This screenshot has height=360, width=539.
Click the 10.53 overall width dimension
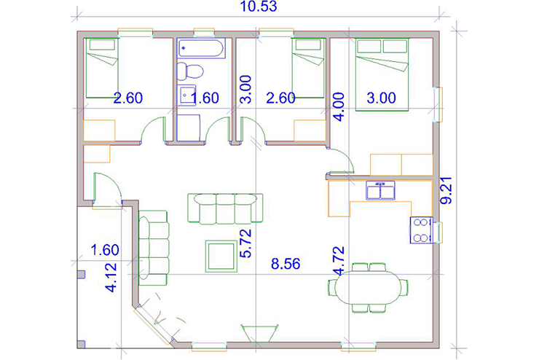pyautogui.click(x=259, y=6)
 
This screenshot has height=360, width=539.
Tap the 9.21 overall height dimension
pyautogui.click(x=447, y=190)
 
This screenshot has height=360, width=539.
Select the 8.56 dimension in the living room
pyautogui.click(x=286, y=264)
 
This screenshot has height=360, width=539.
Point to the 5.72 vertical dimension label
pyautogui.click(x=246, y=243)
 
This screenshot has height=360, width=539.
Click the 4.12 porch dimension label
pyautogui.click(x=111, y=278)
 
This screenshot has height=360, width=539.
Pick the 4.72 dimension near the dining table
pyautogui.click(x=338, y=260)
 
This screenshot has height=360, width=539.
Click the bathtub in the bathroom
pyautogui.click(x=201, y=48)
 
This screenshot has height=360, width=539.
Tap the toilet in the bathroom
pyautogui.click(x=190, y=71)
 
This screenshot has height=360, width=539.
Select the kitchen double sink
pyautogui.click(x=380, y=190)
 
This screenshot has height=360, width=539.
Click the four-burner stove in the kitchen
pyautogui.click(x=422, y=230)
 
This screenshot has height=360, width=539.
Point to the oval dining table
pyautogui.click(x=368, y=287)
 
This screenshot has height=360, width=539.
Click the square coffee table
pyautogui.click(x=221, y=257)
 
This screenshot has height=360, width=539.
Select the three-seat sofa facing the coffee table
pyautogui.click(x=226, y=208)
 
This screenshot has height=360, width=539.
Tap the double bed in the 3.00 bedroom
pyautogui.click(x=382, y=74)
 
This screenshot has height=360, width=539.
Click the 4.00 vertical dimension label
pyautogui.click(x=339, y=106)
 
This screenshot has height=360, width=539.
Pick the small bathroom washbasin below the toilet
pyautogui.click(x=186, y=93)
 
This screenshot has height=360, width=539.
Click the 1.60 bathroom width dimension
pyautogui.click(x=205, y=98)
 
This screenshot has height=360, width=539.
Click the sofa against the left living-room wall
pyautogui.click(x=153, y=248)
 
